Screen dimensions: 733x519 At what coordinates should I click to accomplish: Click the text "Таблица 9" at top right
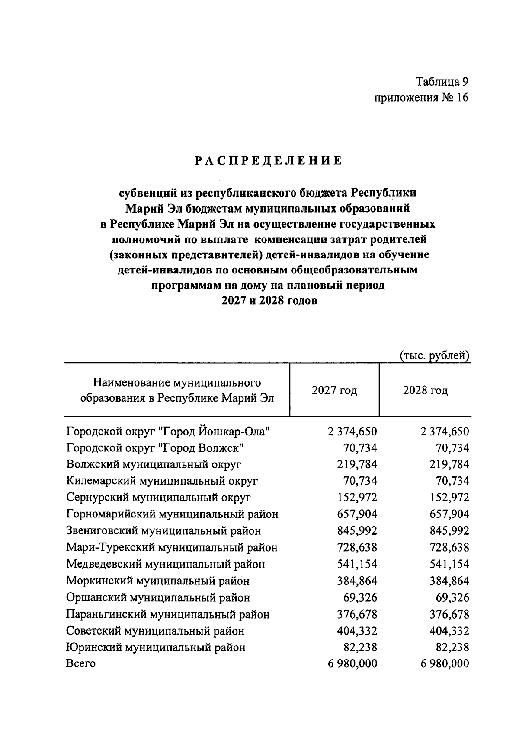pyautogui.click(x=442, y=81)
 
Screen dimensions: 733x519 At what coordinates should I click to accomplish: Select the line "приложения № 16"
pyautogui.click(x=421, y=98)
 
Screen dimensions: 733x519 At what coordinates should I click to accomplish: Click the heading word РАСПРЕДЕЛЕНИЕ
pyautogui.click(x=268, y=161)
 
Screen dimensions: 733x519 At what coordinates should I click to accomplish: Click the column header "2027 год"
pyautogui.click(x=334, y=390)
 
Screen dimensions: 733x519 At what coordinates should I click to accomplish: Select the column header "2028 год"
pyautogui.click(x=425, y=390)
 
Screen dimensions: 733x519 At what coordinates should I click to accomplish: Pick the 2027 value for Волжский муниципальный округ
pyautogui.click(x=357, y=464)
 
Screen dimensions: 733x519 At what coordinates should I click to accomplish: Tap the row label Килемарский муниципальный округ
pyautogui.click(x=162, y=481)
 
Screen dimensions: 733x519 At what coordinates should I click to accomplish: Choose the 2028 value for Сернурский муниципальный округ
pyautogui.click(x=449, y=498)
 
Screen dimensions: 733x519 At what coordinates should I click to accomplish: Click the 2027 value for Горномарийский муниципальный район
pyautogui.click(x=357, y=514)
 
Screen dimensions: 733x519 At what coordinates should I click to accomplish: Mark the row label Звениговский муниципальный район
pyautogui.click(x=163, y=531)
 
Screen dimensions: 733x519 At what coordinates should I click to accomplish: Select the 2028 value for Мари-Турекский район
pyautogui.click(x=449, y=547)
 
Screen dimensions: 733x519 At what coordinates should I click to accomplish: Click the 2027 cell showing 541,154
pyautogui.click(x=357, y=564)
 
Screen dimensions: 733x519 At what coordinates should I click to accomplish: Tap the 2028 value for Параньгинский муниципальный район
pyautogui.click(x=449, y=614)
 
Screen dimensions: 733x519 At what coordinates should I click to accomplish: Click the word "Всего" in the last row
pyautogui.click(x=81, y=663)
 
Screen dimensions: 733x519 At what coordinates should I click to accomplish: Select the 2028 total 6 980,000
pyautogui.click(x=445, y=663)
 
